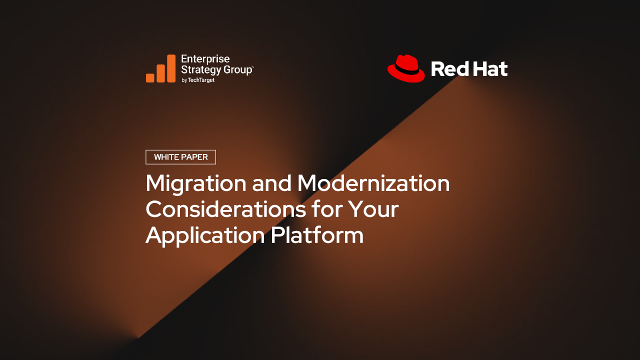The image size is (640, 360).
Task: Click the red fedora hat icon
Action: [406, 68]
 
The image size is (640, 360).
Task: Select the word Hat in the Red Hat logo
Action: [488, 69]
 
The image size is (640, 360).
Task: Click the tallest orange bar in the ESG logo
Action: [171, 68]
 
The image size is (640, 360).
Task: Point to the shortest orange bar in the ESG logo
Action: [150, 78]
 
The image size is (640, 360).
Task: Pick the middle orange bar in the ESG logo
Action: [160, 73]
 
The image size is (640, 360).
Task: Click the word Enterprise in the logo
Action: [205, 59]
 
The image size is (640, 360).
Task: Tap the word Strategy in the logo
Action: [201, 70]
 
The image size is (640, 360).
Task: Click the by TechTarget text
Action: [198, 80]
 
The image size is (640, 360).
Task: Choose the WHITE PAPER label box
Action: [181, 157]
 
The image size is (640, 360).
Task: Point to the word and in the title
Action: [271, 183]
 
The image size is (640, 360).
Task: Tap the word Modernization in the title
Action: [373, 183]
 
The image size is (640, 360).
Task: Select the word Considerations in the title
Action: [225, 209]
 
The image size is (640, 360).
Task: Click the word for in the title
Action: [326, 209]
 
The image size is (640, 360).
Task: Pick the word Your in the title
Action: [373, 209]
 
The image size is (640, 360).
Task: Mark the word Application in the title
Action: [205, 236]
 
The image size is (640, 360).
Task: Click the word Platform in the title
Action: [317, 235]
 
